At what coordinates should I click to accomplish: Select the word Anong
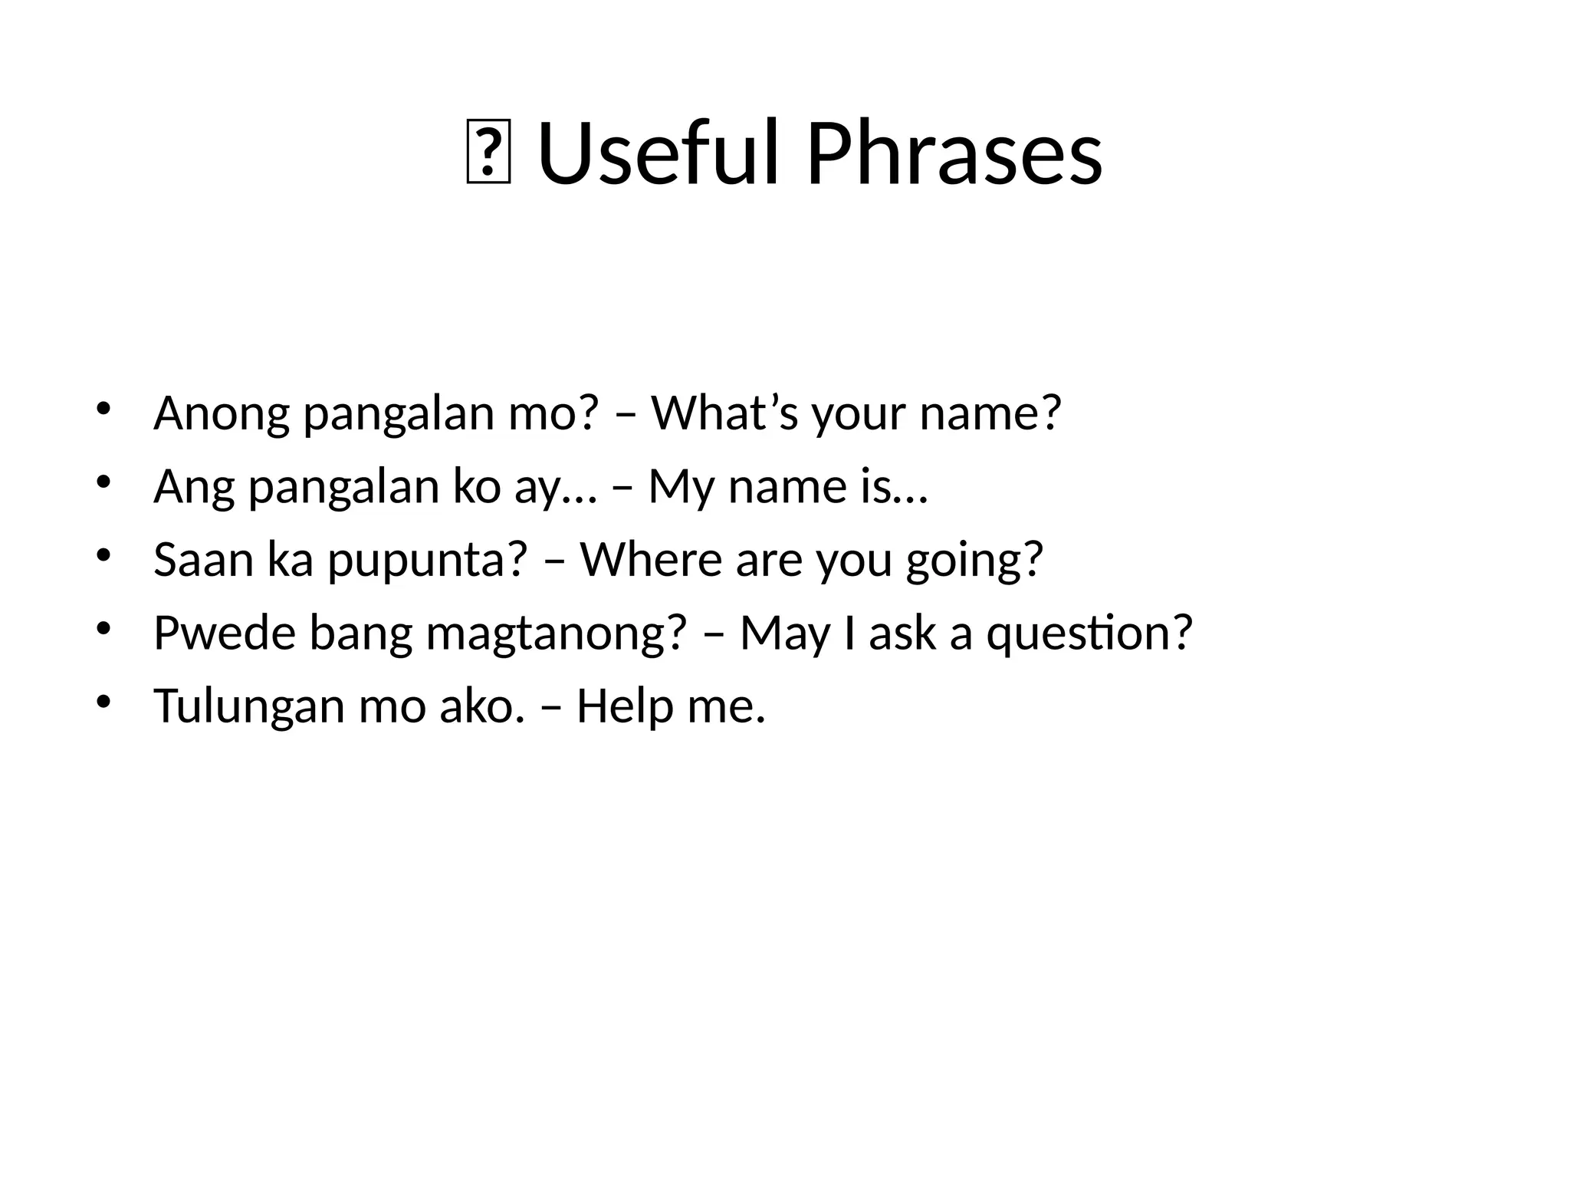pyautogui.click(x=221, y=414)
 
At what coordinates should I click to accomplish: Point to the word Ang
pyautogui.click(x=193, y=488)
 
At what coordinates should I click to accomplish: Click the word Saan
pyautogui.click(x=202, y=560)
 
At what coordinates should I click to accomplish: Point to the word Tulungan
pyautogui.click(x=248, y=707)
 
